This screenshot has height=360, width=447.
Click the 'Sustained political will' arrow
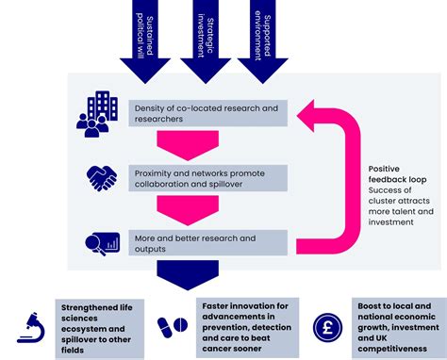coord(145,38)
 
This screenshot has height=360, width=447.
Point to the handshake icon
coord(102,177)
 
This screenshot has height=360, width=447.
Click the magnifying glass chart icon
coord(100,243)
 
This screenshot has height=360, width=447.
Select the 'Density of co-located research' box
coord(208,114)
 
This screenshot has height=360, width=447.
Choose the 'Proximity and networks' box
coord(208,177)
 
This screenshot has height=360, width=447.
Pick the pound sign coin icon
coord(326,326)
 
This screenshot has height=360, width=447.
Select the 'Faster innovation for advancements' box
coord(249,326)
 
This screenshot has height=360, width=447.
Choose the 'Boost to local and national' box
coord(398,326)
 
